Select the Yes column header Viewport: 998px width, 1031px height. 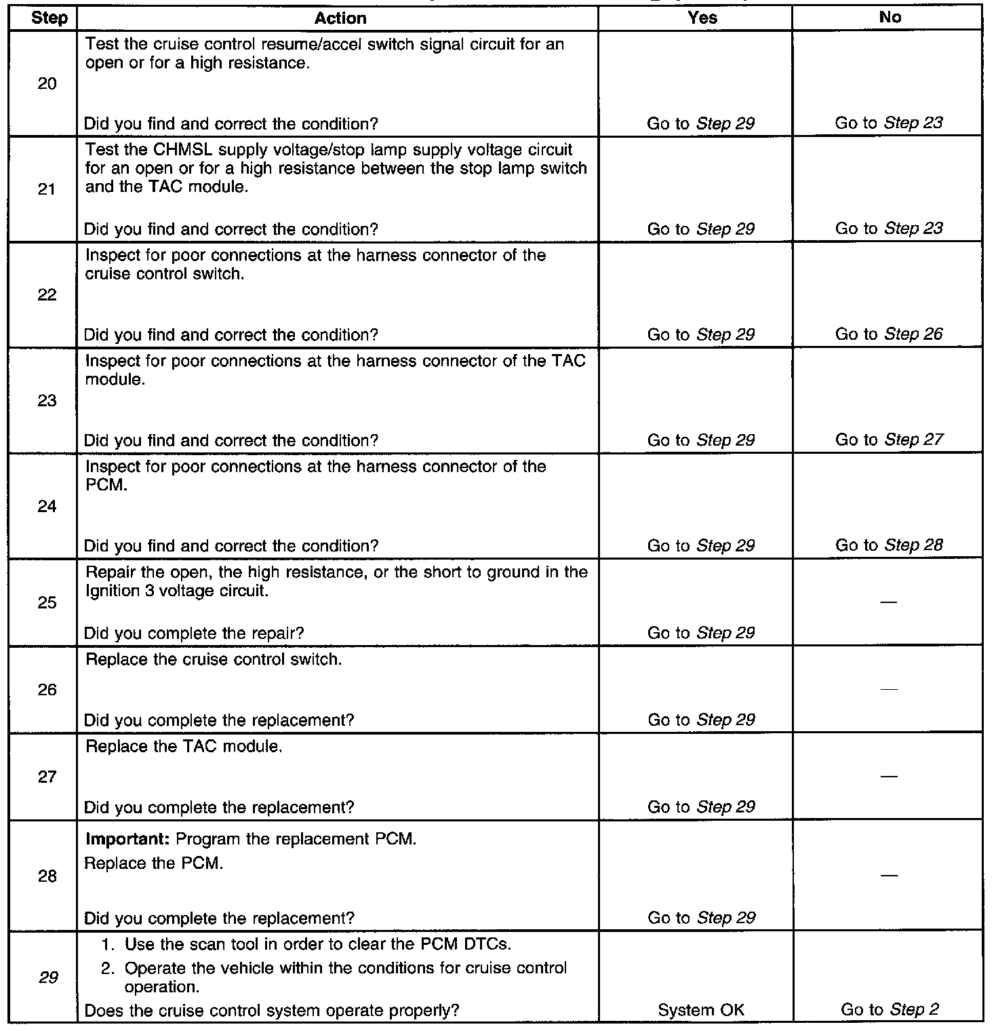pyautogui.click(x=702, y=18)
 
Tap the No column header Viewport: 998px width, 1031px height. pyautogui.click(x=890, y=18)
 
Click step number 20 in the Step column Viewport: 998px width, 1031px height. pyautogui.click(x=47, y=84)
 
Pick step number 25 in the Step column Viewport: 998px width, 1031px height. pyautogui.click(x=47, y=602)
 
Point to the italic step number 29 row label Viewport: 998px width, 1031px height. pyautogui.click(x=48, y=977)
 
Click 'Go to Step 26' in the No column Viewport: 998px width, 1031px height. pyautogui.click(x=888, y=334)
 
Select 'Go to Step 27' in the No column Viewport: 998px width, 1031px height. pyautogui.click(x=888, y=440)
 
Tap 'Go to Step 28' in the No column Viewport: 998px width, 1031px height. pyautogui.click(x=888, y=545)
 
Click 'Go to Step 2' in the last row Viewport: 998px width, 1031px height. pyautogui.click(x=890, y=1010)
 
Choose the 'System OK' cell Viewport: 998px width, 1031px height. pyautogui.click(x=701, y=1010)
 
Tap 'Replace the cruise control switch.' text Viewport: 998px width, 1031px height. pyautogui.click(x=213, y=659)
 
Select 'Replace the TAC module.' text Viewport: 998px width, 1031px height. pyautogui.click(x=183, y=747)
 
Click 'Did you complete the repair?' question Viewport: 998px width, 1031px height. pyautogui.click(x=193, y=634)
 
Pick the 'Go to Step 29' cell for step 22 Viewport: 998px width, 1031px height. pyautogui.click(x=701, y=334)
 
